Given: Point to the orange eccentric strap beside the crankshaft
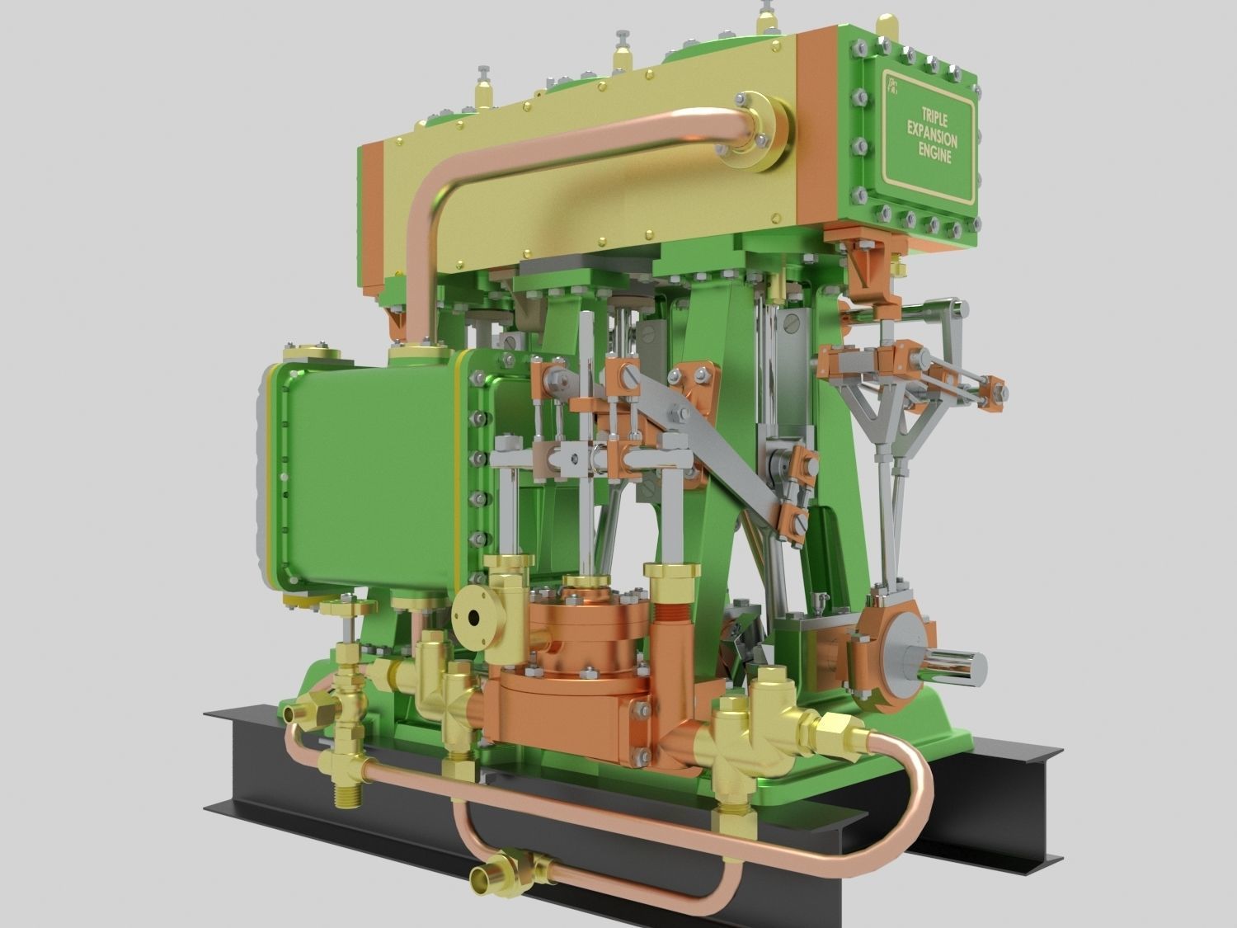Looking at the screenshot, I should (870, 652).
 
